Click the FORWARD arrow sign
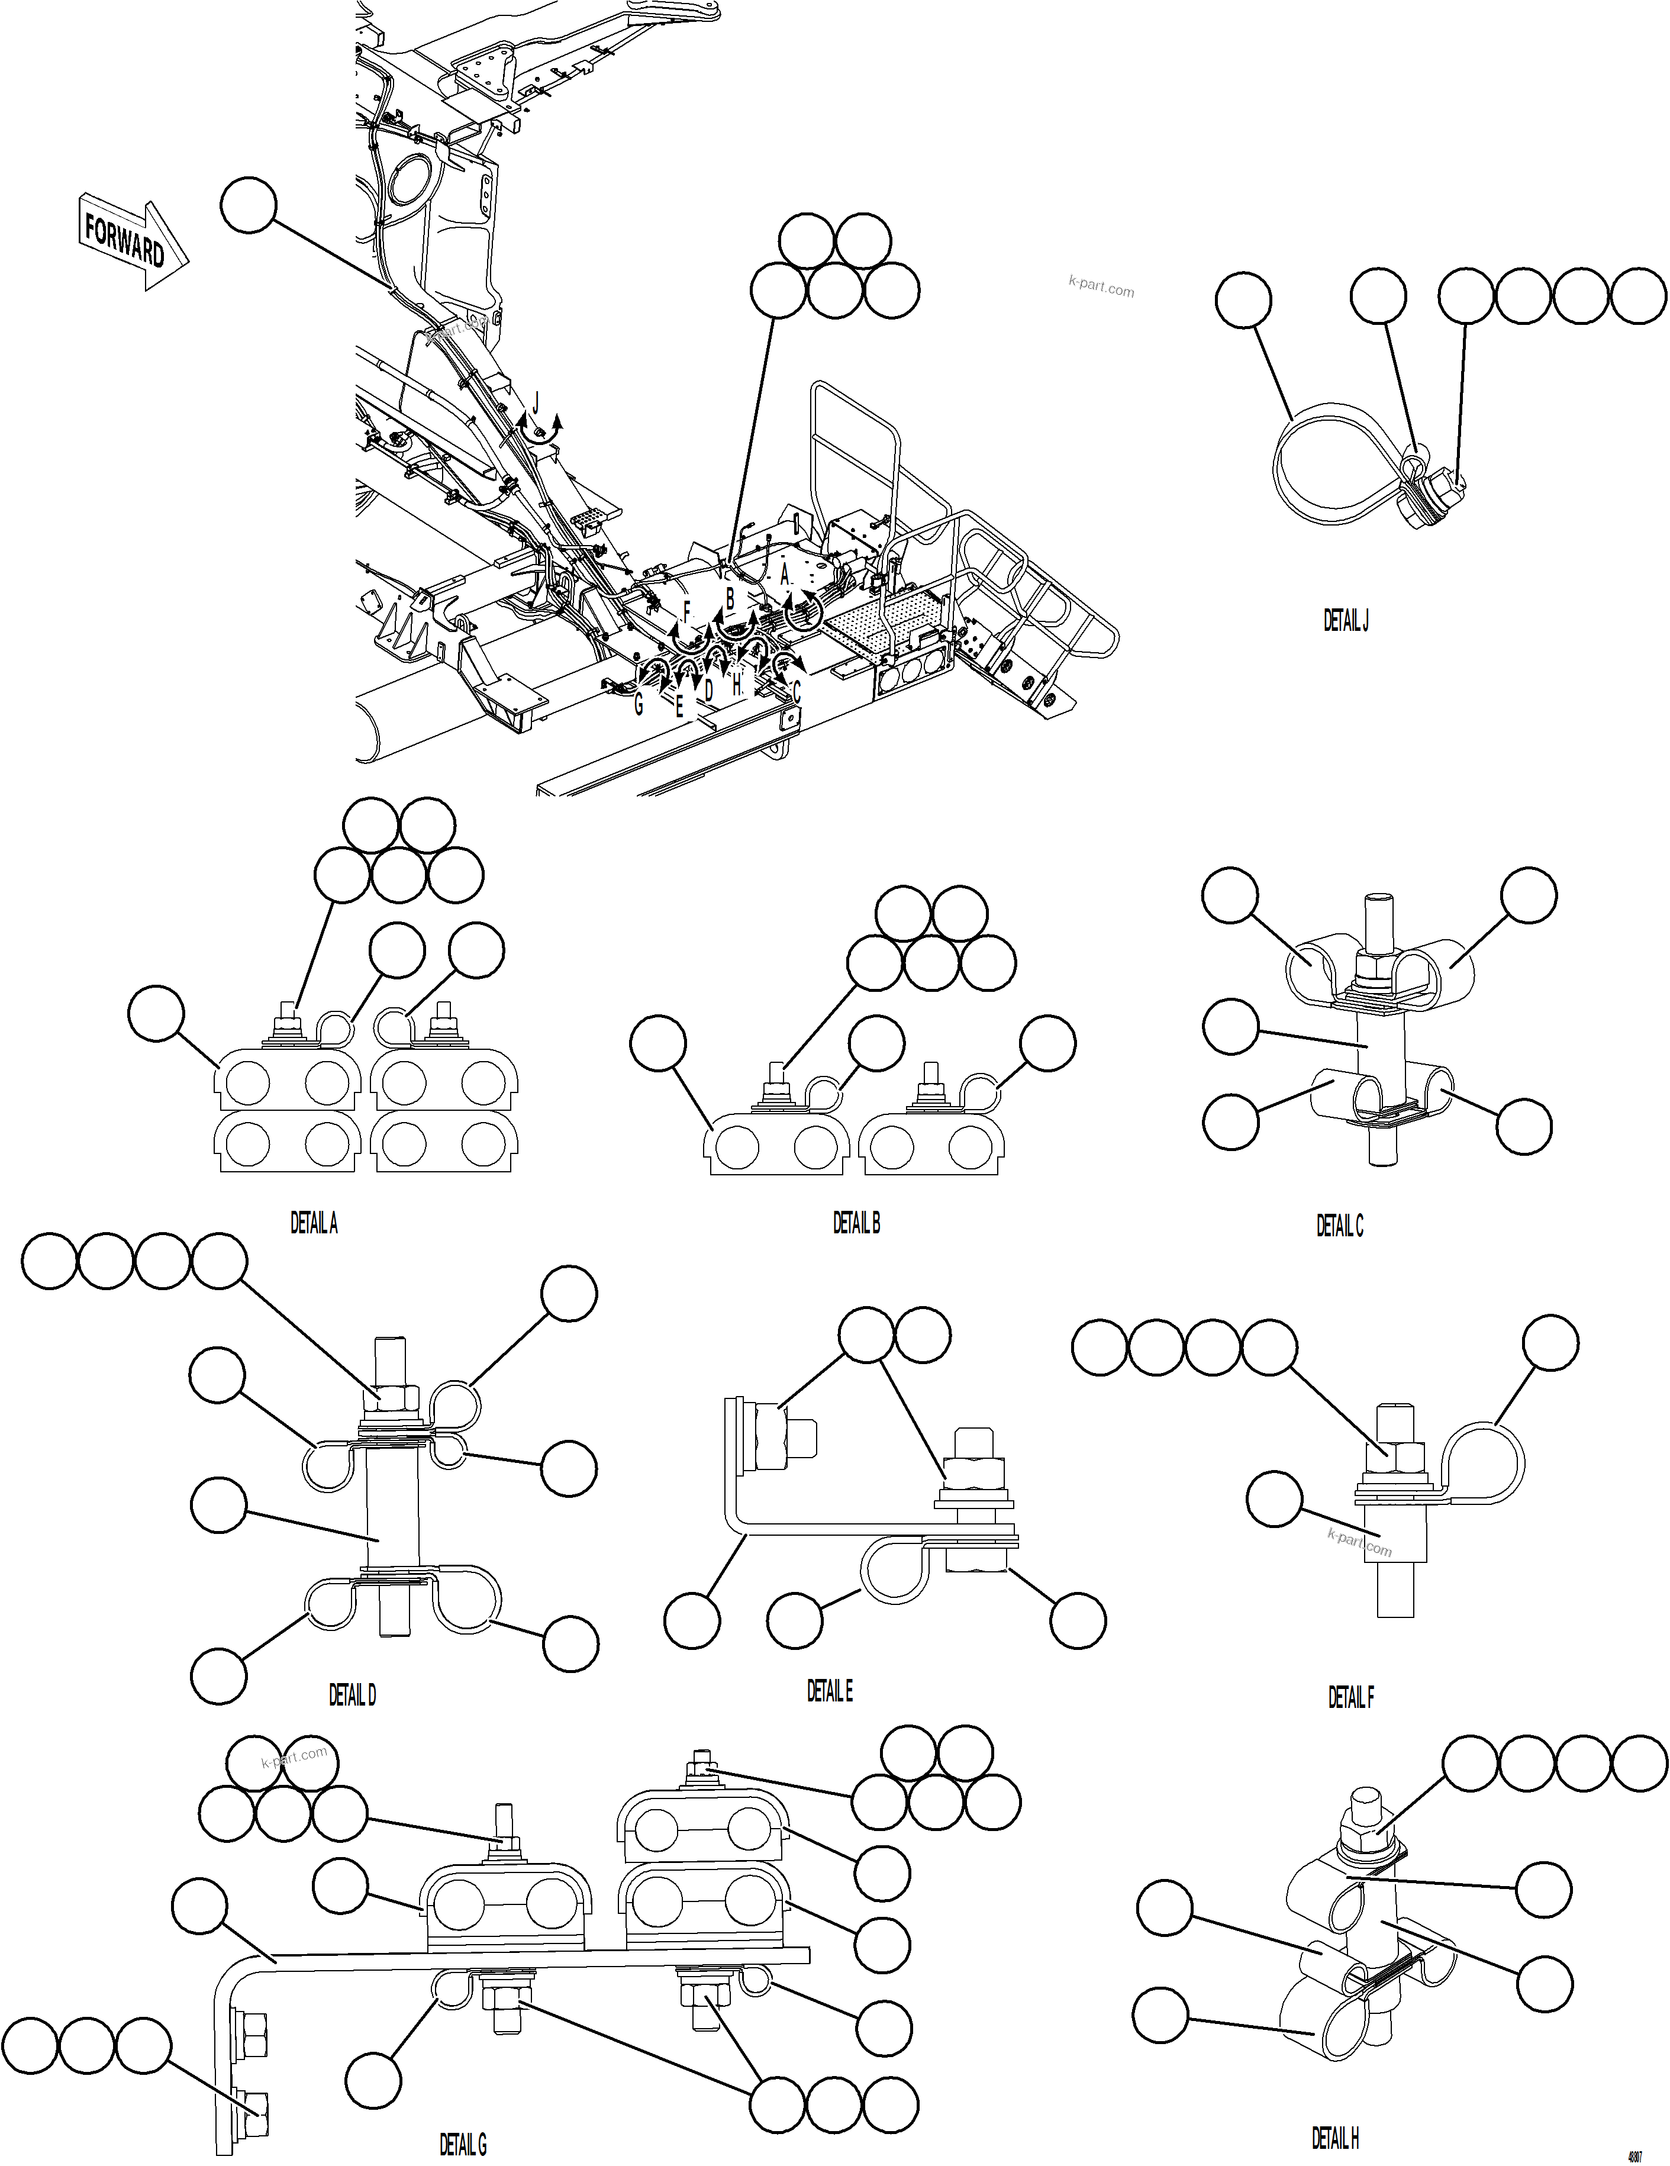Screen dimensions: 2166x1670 point(132,241)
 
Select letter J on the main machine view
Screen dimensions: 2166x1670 point(536,402)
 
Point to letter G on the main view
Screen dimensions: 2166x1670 point(639,704)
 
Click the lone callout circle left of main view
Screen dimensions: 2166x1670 point(247,205)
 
